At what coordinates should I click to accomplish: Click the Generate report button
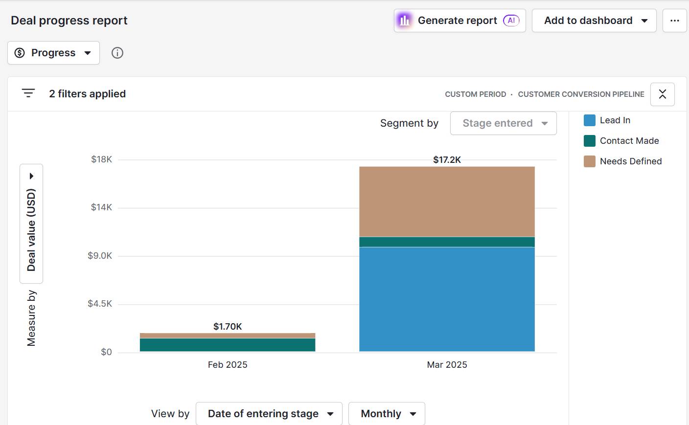[459, 21]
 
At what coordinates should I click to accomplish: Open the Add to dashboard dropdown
[594, 21]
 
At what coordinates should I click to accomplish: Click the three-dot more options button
[674, 21]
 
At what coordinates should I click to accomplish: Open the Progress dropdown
[53, 53]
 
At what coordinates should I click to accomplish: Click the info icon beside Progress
[117, 53]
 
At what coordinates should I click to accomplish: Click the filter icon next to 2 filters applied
[28, 93]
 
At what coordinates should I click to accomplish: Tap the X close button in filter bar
[662, 94]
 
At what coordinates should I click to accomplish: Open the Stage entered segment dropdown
[503, 123]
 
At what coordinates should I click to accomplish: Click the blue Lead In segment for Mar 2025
[447, 299]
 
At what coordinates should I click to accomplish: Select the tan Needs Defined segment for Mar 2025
[447, 201]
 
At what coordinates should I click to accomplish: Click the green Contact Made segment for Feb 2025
[228, 345]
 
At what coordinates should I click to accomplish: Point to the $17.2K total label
[447, 160]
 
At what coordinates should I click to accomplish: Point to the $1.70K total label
[228, 326]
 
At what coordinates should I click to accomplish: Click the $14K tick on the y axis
[101, 207]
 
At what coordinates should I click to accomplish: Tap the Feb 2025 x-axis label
[228, 365]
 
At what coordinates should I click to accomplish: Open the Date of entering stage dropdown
[269, 414]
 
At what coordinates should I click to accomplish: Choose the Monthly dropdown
[387, 414]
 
